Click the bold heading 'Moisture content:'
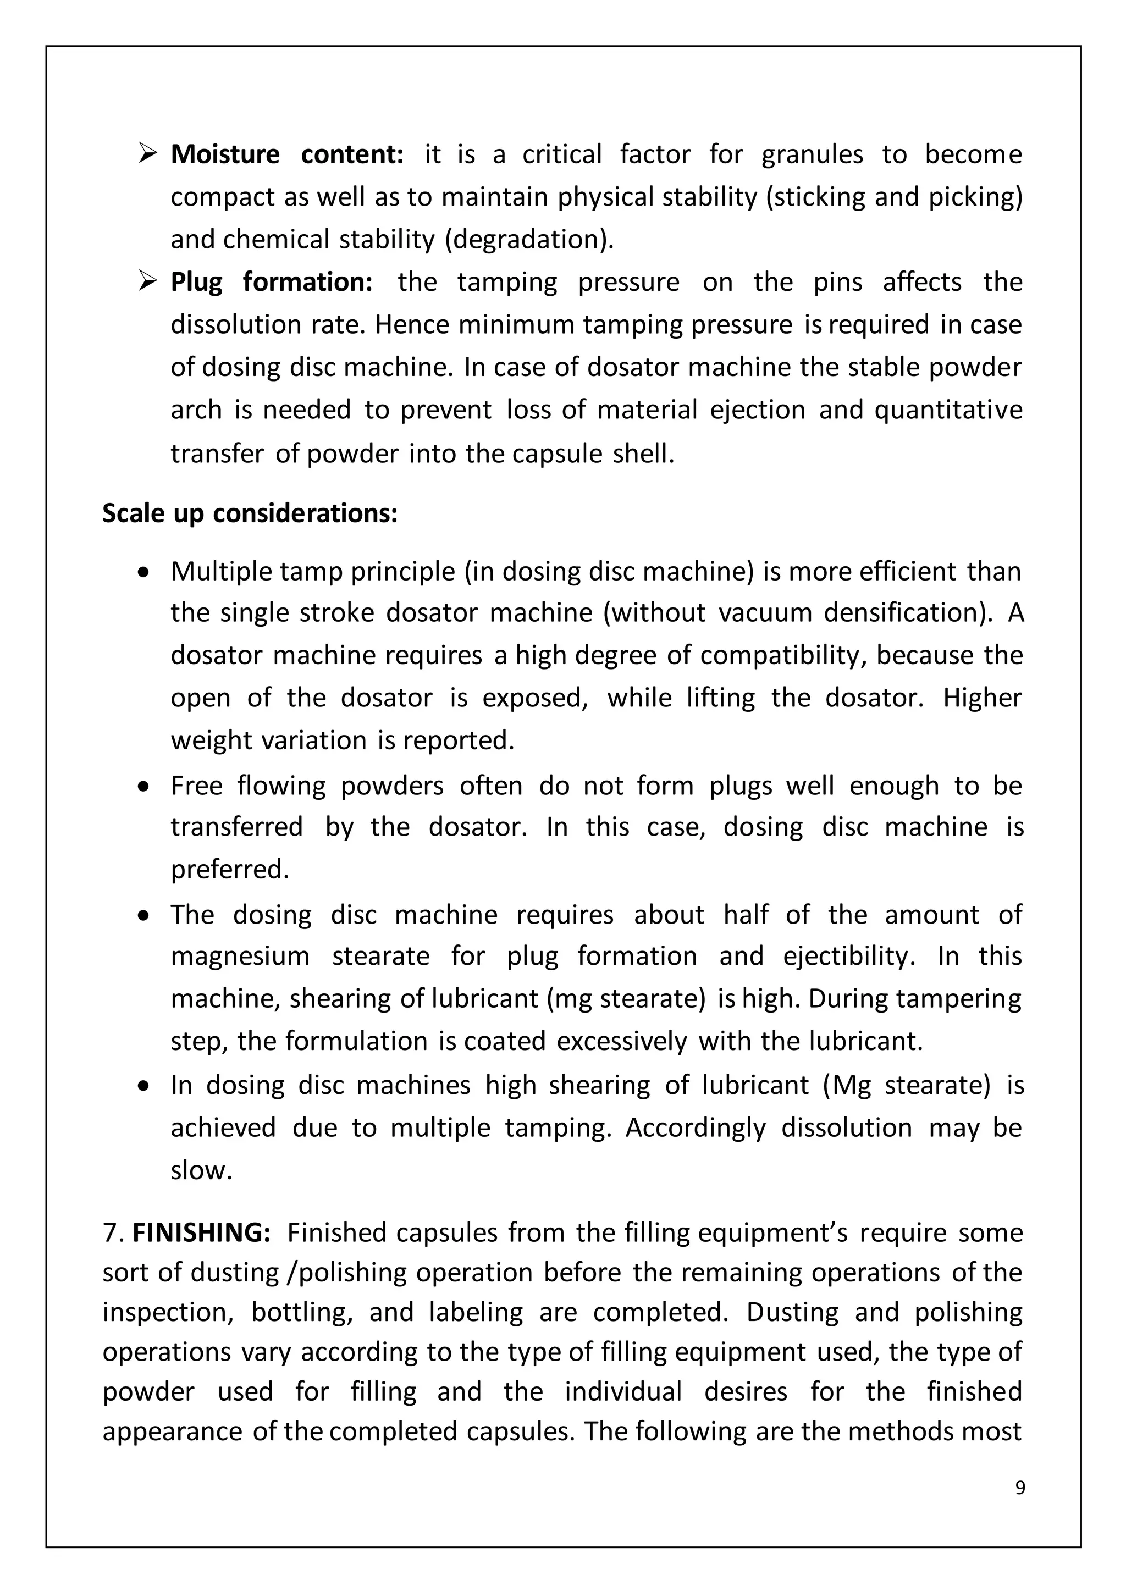[286, 154]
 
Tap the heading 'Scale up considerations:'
[250, 514]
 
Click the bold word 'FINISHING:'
[201, 1233]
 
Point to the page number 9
[1019, 1488]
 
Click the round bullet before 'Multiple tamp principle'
[143, 573]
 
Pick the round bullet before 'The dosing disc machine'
[143, 916]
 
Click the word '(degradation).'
[529, 240]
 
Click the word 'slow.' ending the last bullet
[201, 1171]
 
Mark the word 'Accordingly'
[695, 1128]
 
